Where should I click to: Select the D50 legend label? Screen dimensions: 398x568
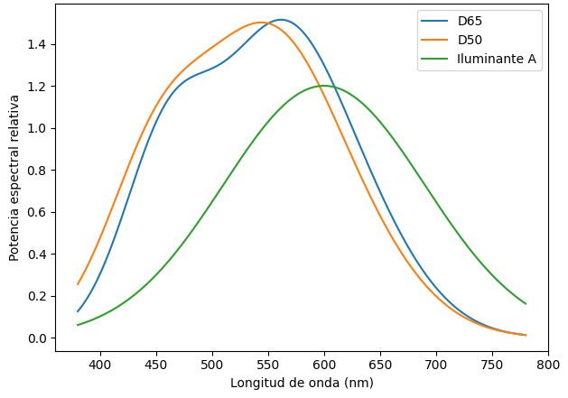(x=470, y=41)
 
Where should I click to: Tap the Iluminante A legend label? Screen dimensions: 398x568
(x=497, y=60)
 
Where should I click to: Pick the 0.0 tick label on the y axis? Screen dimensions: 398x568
(x=38, y=338)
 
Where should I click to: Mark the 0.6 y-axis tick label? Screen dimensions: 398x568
(x=38, y=212)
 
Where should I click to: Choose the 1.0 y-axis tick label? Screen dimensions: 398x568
(x=38, y=128)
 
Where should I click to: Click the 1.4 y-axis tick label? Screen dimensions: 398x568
(x=38, y=44)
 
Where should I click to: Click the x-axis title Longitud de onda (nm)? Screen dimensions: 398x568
(x=302, y=383)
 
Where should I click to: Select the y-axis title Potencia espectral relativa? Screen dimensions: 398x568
(x=14, y=177)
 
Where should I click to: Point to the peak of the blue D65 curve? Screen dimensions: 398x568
(x=281, y=20)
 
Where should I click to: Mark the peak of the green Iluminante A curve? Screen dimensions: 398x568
(x=323, y=86)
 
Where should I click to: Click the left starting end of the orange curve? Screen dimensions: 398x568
(x=78, y=284)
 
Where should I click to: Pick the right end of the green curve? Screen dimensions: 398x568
(x=526, y=303)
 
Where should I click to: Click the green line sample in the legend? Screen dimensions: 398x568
(x=433, y=60)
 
